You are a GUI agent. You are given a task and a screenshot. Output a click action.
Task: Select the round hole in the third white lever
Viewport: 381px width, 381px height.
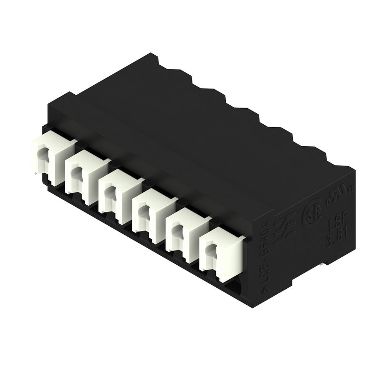tap(110, 192)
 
